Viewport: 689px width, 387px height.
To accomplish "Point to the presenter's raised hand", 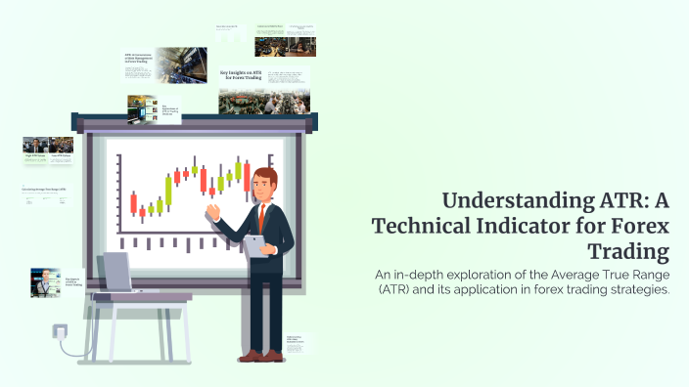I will tap(212, 212).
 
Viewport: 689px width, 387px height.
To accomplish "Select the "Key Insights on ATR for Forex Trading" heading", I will tap(240, 76).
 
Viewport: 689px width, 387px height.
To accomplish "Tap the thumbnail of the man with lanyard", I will tap(45, 281).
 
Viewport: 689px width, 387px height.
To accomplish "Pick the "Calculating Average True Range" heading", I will tap(44, 188).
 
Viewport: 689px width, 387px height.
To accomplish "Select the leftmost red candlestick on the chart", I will tap(133, 203).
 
